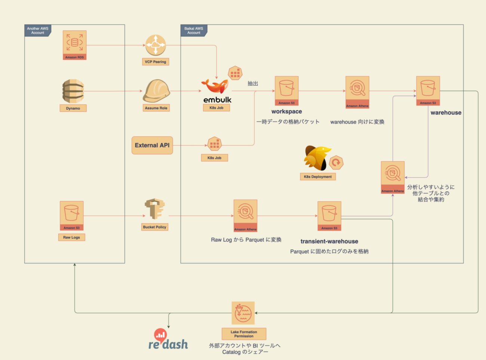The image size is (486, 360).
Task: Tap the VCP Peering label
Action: (x=156, y=62)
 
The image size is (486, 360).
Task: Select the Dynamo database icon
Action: (x=73, y=91)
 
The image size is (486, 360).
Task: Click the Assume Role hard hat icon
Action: (x=156, y=90)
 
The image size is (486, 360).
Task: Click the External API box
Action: (x=152, y=145)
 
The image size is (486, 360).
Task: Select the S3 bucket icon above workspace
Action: (x=287, y=89)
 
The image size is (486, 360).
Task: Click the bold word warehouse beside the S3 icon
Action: (x=446, y=113)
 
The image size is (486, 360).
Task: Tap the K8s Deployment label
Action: (x=318, y=176)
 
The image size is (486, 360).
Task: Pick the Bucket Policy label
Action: (x=154, y=227)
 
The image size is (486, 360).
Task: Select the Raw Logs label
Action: (x=71, y=237)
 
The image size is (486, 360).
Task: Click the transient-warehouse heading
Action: (x=329, y=241)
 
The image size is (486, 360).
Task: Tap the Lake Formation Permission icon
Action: (x=243, y=313)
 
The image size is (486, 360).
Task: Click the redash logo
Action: (x=168, y=340)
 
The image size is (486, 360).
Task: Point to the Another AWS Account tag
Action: (x=37, y=31)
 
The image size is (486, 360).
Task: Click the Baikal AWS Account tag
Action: (x=194, y=31)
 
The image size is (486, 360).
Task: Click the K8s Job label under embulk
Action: (x=216, y=108)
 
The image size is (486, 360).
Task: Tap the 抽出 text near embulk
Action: (x=253, y=83)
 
